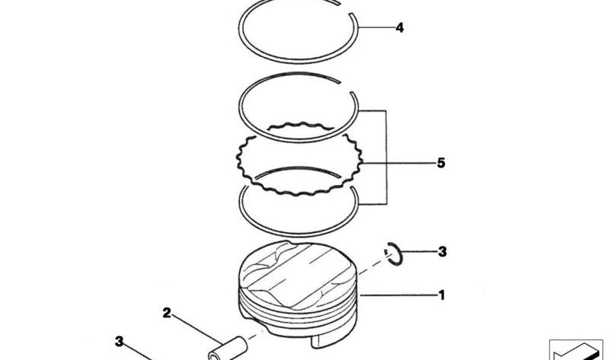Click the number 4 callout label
[400, 28]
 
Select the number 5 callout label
[441, 163]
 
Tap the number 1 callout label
[442, 295]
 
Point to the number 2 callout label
[167, 313]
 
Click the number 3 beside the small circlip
[442, 252]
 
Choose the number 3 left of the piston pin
[120, 342]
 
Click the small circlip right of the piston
[394, 254]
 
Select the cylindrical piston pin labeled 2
[228, 349]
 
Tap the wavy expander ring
[299, 158]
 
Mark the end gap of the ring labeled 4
[346, 9]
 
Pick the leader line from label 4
[375, 27]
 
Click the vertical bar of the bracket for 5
[387, 158]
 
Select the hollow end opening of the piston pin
[214, 355]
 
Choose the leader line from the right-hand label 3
[419, 252]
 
